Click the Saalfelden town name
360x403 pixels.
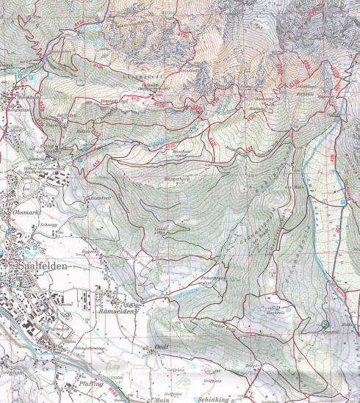[x=34, y=264]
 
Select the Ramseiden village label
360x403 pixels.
[x=115, y=311]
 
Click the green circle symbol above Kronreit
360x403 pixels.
[x=324, y=324]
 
